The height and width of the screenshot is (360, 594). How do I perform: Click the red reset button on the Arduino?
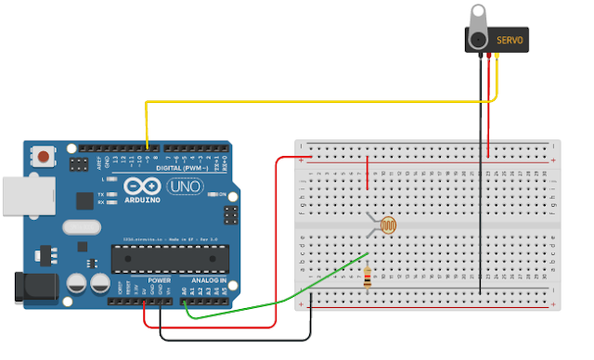(43, 157)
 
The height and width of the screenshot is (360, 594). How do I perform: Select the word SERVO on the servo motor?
(510, 41)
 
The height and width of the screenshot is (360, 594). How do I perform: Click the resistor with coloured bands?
(369, 276)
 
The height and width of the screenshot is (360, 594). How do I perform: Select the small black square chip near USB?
(84, 199)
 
